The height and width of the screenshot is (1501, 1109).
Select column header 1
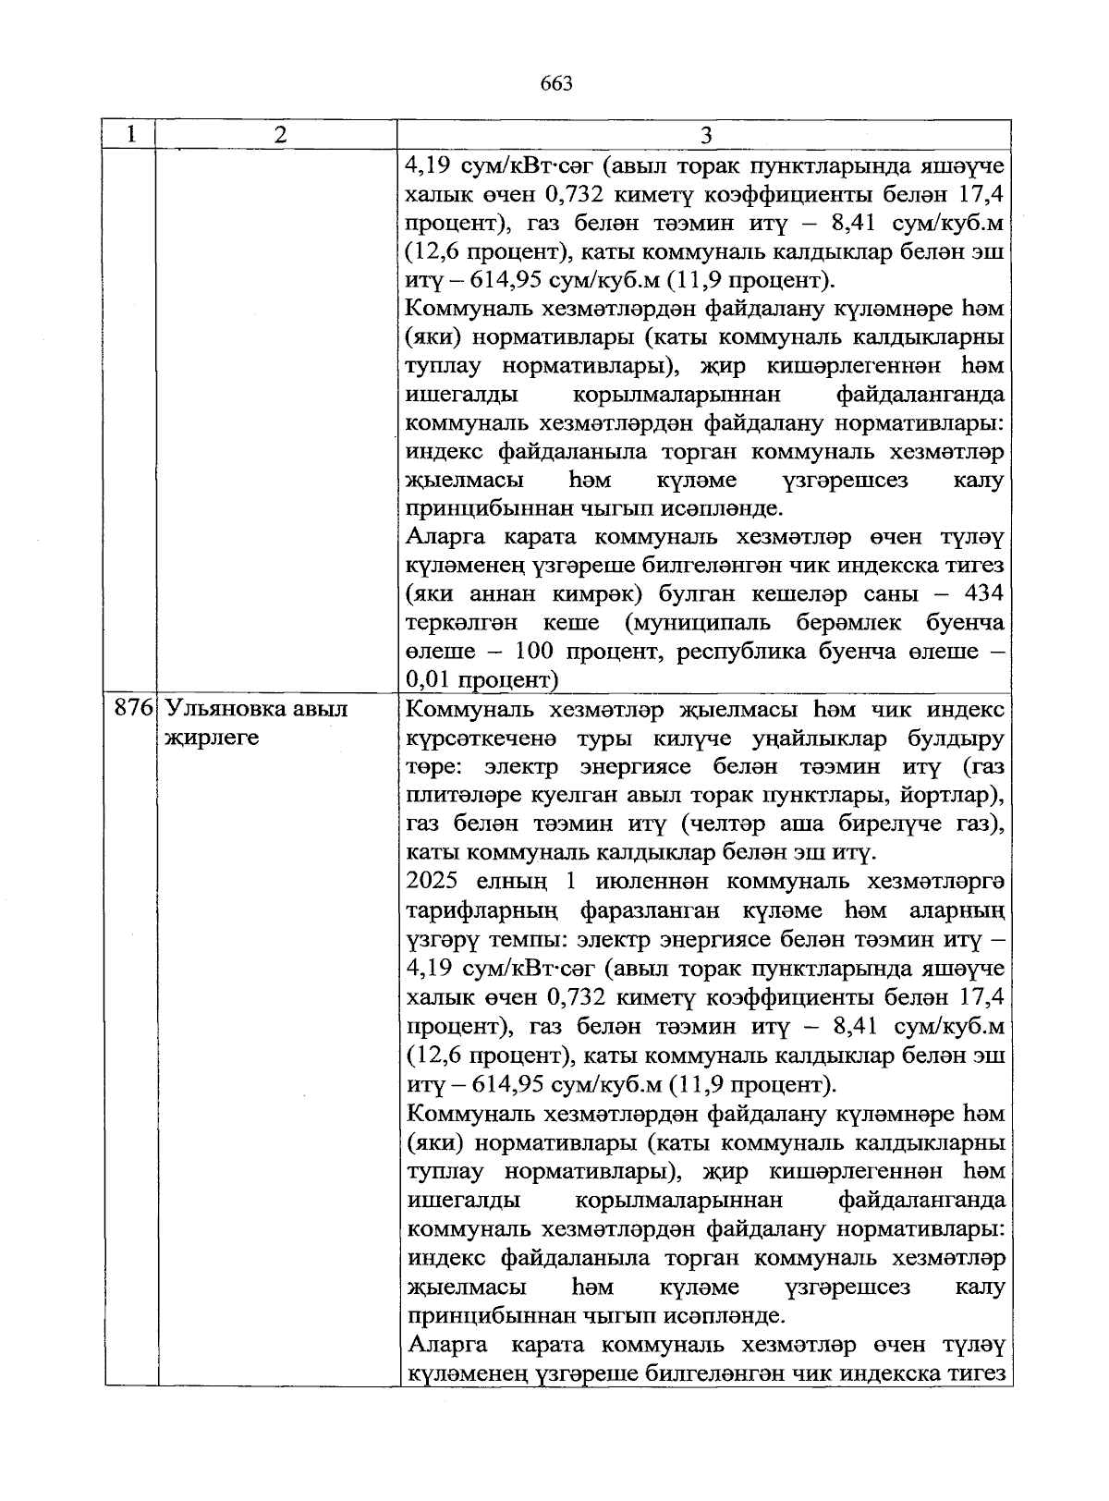point(131,134)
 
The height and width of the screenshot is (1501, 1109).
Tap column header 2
point(280,135)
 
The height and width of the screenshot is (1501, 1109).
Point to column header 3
point(705,136)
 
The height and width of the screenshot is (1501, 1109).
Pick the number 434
point(983,593)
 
